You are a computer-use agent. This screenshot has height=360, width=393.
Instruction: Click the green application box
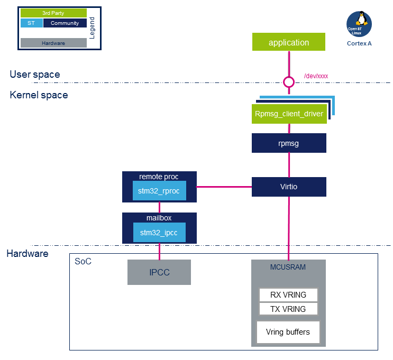[x=288, y=42]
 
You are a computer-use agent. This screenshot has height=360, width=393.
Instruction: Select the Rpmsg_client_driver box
[x=288, y=114]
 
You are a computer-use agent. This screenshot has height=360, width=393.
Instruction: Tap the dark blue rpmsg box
[x=288, y=143]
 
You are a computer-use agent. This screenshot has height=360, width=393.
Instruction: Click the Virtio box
[x=288, y=187]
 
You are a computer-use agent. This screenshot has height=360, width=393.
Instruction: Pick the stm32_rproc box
[x=159, y=191]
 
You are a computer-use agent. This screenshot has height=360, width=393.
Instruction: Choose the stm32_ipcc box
[x=159, y=232]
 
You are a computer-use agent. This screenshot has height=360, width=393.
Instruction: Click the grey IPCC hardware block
[x=159, y=272]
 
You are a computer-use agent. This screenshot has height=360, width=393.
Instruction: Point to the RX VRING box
[x=288, y=295]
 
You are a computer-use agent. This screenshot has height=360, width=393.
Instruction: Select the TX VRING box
[x=288, y=309]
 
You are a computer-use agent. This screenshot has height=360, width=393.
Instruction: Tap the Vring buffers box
[x=288, y=332]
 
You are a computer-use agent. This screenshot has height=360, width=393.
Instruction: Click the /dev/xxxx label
[x=316, y=76]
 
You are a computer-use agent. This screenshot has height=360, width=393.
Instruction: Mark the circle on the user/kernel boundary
[x=288, y=82]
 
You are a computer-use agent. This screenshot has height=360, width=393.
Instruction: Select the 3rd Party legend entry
[x=53, y=13]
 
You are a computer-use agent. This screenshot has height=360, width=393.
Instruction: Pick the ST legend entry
[x=31, y=23]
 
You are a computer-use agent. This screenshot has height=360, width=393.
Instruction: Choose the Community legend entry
[x=65, y=23]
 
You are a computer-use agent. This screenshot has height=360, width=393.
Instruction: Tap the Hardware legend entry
[x=53, y=43]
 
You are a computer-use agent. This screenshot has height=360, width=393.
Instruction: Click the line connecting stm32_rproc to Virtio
[x=224, y=187]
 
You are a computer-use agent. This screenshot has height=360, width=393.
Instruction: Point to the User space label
[x=34, y=75]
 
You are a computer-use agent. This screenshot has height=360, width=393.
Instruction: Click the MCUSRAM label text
[x=288, y=267]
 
